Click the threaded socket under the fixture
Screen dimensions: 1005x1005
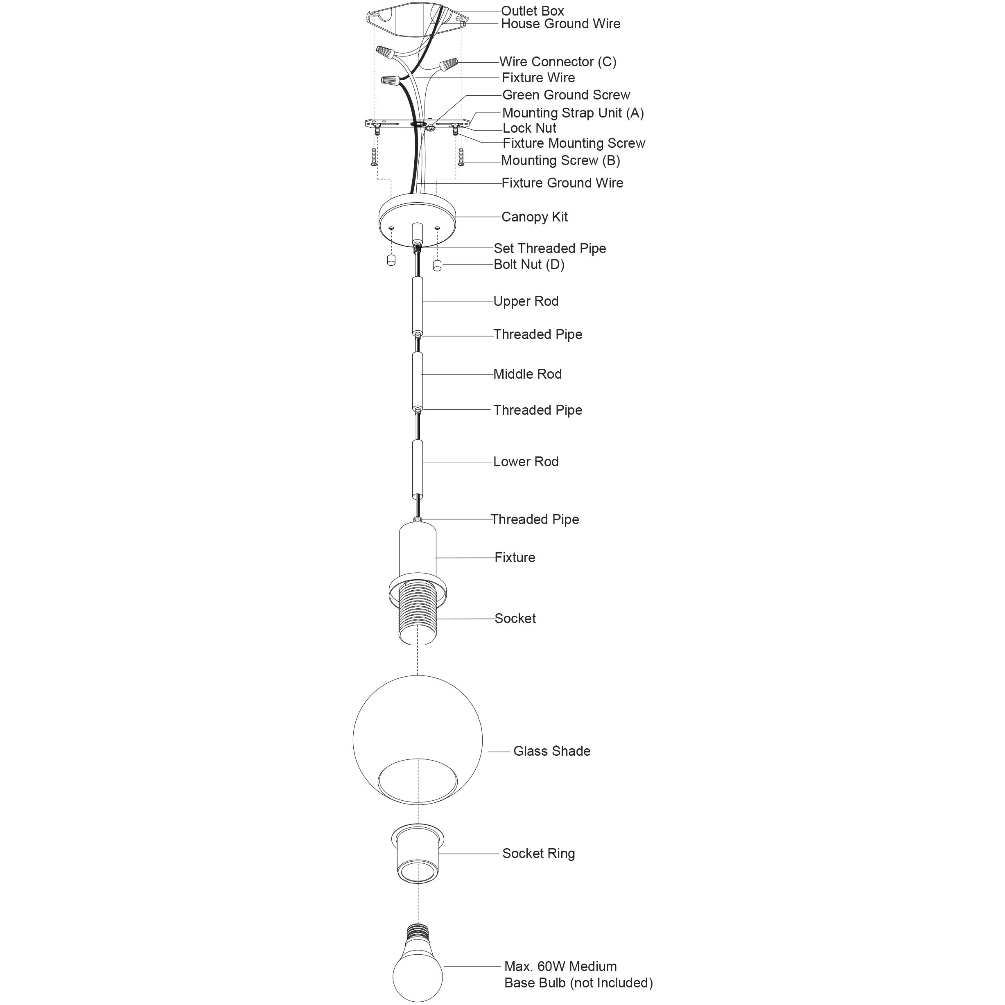pyautogui.click(x=418, y=617)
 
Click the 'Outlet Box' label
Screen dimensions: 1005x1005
pyautogui.click(x=532, y=10)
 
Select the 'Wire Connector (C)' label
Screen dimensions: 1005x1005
pyautogui.click(x=558, y=62)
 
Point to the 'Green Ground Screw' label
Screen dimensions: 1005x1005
pyautogui.click(x=566, y=95)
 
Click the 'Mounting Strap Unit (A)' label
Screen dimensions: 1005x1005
pyautogui.click(x=573, y=113)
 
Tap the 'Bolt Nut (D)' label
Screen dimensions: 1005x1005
pyautogui.click(x=528, y=264)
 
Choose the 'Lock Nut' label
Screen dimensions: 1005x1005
pyautogui.click(x=529, y=128)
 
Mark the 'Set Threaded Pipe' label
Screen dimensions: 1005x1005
pyautogui.click(x=549, y=248)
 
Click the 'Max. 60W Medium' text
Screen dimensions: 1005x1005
pyautogui.click(x=560, y=966)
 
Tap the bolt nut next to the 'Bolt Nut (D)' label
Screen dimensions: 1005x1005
pyautogui.click(x=437, y=266)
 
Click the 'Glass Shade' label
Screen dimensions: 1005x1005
pyautogui.click(x=551, y=751)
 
